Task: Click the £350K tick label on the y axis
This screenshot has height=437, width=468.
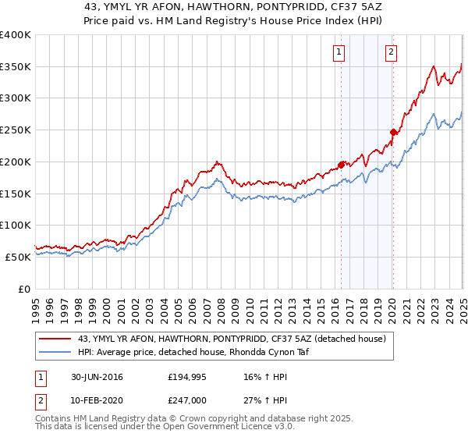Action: coord(16,67)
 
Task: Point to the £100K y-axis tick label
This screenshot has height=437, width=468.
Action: coord(16,226)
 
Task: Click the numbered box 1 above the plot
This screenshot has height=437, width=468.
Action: coord(340,53)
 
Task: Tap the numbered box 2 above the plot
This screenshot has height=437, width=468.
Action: coord(390,53)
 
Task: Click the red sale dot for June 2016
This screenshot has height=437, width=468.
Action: coord(341,165)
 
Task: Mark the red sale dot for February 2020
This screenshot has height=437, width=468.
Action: coord(393,132)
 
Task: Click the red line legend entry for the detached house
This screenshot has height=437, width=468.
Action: coord(226,338)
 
